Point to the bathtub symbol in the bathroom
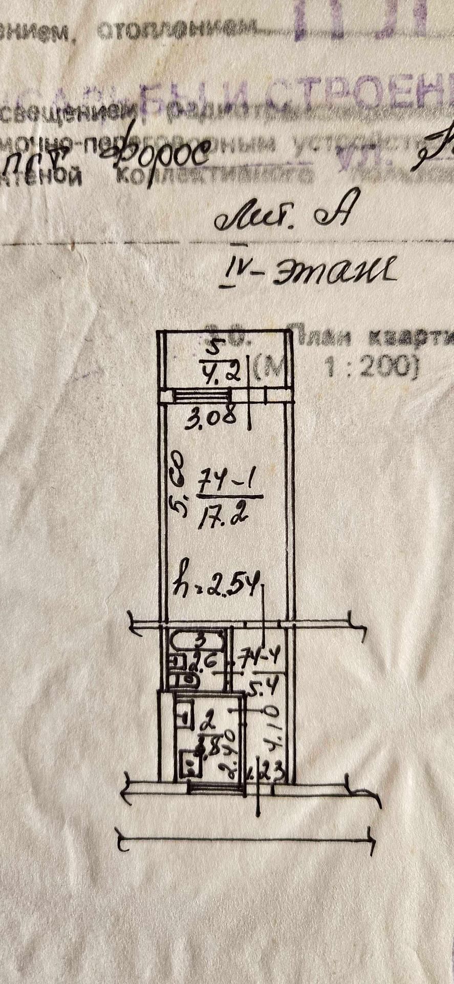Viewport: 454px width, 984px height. click(x=196, y=641)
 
